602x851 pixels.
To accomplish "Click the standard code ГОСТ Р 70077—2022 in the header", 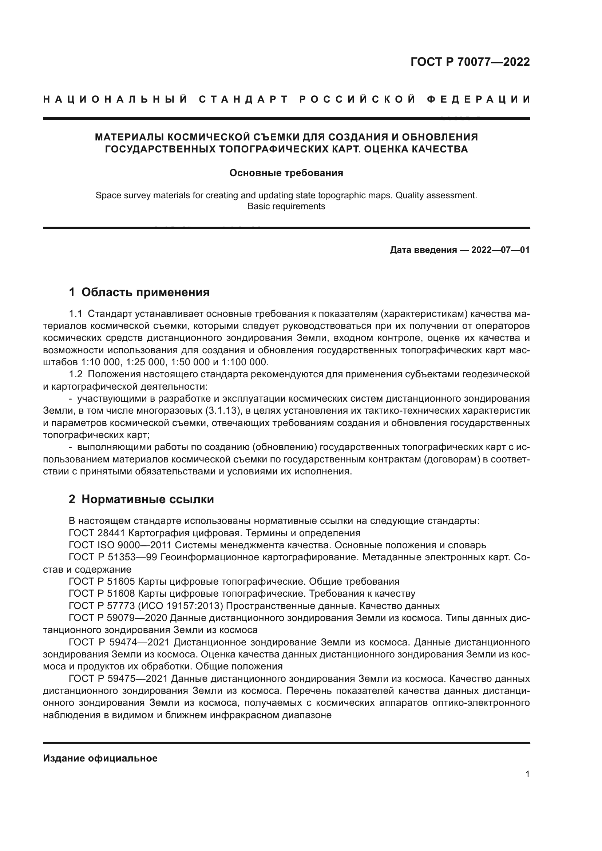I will (x=470, y=62).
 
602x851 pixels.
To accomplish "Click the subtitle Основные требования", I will (x=286, y=173).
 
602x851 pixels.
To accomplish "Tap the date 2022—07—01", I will (x=500, y=250).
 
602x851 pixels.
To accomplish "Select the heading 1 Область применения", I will (x=139, y=293).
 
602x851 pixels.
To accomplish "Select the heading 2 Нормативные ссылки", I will (x=141, y=500).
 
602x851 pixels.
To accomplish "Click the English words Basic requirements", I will (x=286, y=206).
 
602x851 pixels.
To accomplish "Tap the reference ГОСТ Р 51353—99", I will (x=113, y=557).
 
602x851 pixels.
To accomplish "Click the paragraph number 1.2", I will (x=76, y=374).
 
